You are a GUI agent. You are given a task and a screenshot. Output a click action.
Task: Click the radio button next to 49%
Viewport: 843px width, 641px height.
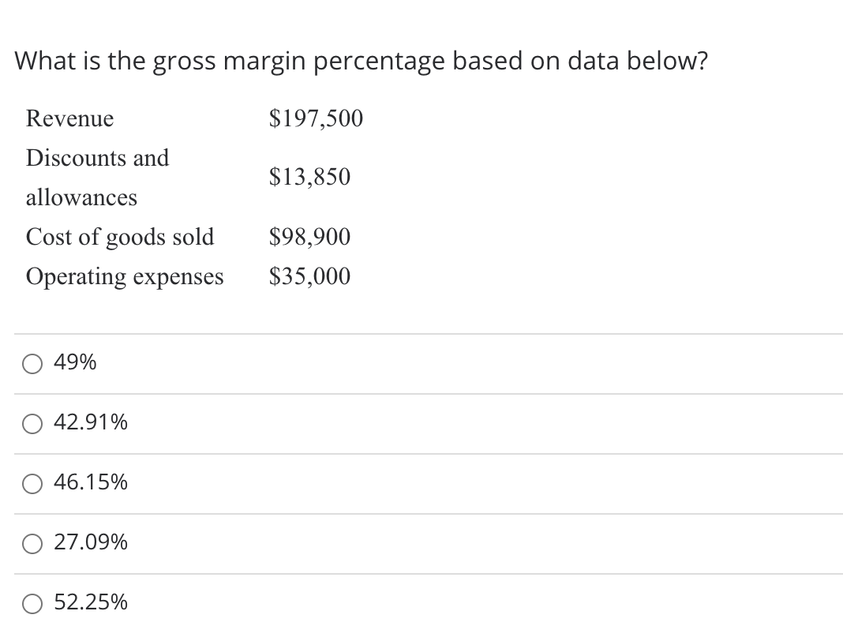coord(32,364)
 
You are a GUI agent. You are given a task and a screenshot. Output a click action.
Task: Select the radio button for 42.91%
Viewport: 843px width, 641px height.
coord(32,424)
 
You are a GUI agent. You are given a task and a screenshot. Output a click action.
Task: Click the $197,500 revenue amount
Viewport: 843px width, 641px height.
coord(316,118)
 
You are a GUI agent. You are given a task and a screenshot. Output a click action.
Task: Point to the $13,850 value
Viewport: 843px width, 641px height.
coord(309,177)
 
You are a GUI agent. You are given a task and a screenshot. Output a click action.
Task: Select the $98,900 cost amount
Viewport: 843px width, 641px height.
coord(309,237)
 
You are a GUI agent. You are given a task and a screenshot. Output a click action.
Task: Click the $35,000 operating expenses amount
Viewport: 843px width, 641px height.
coord(309,276)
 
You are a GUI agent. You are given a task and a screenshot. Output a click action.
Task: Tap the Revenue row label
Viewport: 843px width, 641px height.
coord(69,119)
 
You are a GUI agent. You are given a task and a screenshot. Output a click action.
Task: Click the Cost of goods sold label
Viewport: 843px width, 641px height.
coord(120,237)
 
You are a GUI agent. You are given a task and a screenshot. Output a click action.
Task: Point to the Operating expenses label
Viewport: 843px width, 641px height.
coord(125,277)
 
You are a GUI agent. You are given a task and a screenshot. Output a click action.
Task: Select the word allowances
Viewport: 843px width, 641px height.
coord(81,197)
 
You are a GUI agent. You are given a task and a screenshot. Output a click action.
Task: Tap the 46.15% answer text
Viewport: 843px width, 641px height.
coord(91,482)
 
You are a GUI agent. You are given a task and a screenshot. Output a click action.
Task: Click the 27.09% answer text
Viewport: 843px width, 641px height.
coord(91,542)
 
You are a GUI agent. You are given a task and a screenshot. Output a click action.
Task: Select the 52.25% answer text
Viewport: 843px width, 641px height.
coord(91,602)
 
